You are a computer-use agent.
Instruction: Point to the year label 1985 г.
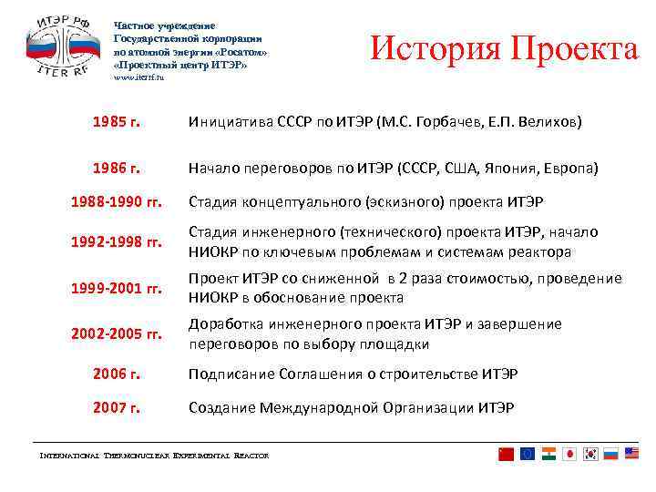pyautogui.click(x=116, y=122)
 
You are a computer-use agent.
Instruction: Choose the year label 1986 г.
pyautogui.click(x=116, y=169)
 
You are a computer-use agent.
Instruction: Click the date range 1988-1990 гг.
pyautogui.click(x=117, y=202)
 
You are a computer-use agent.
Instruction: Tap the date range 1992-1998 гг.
pyautogui.click(x=117, y=243)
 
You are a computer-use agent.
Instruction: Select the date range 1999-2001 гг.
pyautogui.click(x=117, y=289)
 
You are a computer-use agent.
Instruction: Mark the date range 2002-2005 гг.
pyautogui.click(x=117, y=334)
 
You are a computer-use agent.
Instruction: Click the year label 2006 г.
pyautogui.click(x=116, y=374)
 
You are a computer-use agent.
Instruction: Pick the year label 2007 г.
pyautogui.click(x=116, y=407)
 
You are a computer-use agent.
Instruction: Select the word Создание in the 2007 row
pyautogui.click(x=220, y=407)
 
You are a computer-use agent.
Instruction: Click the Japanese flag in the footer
pyautogui.click(x=570, y=454)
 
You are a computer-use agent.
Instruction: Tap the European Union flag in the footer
pyautogui.click(x=528, y=454)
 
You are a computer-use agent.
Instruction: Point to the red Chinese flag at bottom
pyautogui.click(x=507, y=454)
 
